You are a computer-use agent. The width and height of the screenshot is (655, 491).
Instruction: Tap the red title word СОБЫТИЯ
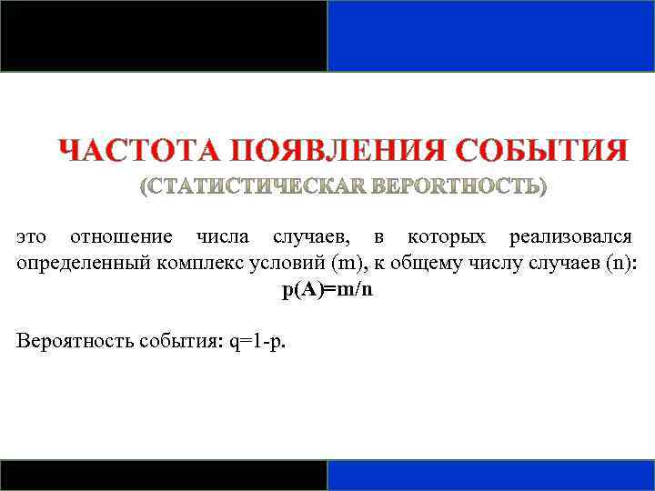pyautogui.click(x=541, y=150)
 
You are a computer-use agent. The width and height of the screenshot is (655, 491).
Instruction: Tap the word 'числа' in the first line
pyautogui.click(x=222, y=237)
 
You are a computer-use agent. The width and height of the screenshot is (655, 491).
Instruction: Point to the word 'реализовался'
pyautogui.click(x=571, y=237)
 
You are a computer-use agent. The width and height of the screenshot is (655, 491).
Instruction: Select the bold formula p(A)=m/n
pyautogui.click(x=327, y=291)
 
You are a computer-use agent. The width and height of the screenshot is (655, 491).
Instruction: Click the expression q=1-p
pyautogui.click(x=257, y=341)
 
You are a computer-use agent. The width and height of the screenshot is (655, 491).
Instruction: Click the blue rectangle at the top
pyautogui.click(x=491, y=35)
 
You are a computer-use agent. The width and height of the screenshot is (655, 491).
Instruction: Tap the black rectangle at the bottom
pyautogui.click(x=164, y=475)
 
